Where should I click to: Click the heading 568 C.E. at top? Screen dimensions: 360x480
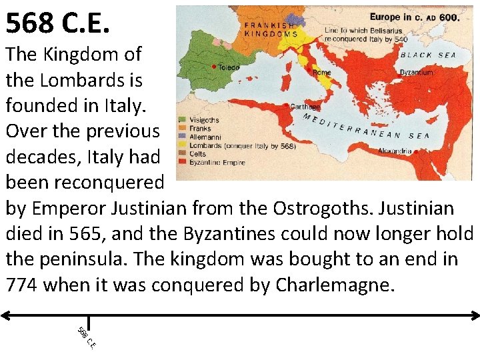coord(57,24)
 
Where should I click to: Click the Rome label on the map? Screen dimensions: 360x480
coord(321,72)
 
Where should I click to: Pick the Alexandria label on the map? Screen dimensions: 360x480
coord(395,151)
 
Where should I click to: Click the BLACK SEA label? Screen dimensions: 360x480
coord(428,55)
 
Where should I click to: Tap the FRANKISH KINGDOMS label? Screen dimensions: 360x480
coord(271,29)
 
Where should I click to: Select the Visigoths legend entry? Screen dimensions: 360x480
coord(203,120)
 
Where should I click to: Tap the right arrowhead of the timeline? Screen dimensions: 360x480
coord(474,314)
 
